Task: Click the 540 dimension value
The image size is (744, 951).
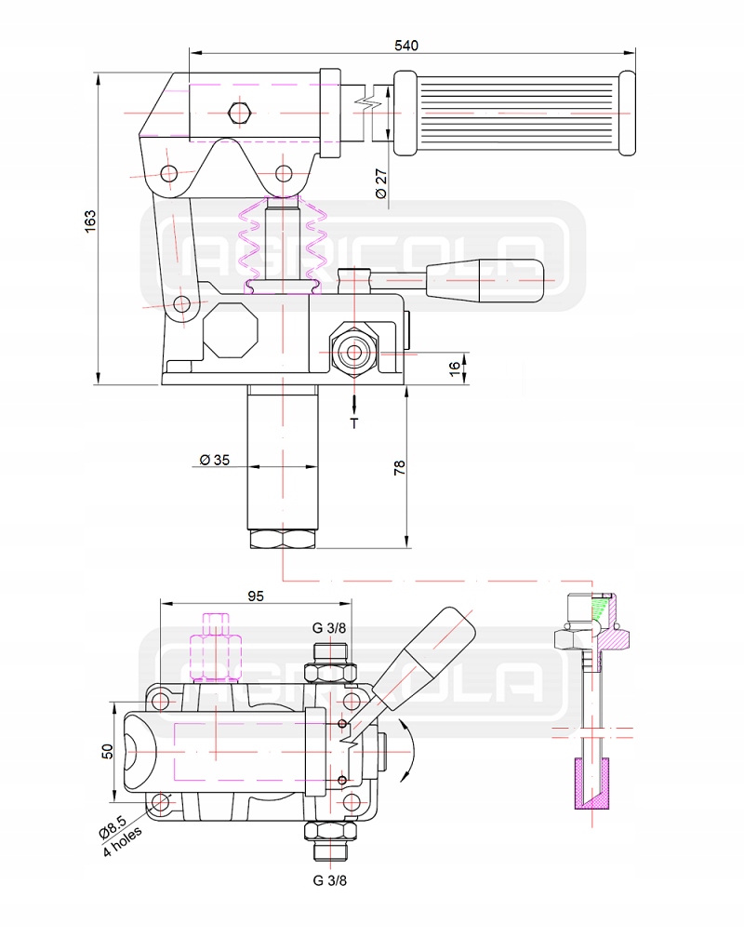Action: click(x=407, y=45)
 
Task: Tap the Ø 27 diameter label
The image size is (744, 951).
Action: click(x=380, y=181)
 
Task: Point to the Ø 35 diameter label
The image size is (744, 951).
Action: click(x=215, y=460)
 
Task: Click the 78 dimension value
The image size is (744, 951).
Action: click(x=400, y=468)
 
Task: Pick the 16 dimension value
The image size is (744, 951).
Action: click(x=455, y=368)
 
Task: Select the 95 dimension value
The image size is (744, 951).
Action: click(x=257, y=596)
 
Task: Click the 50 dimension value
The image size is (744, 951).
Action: click(x=107, y=751)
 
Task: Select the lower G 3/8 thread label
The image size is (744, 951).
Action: click(x=329, y=878)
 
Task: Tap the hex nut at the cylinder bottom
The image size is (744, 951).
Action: click(x=284, y=539)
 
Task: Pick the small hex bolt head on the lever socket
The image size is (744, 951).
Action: click(x=239, y=113)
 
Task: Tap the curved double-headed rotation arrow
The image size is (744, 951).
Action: click(x=407, y=746)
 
